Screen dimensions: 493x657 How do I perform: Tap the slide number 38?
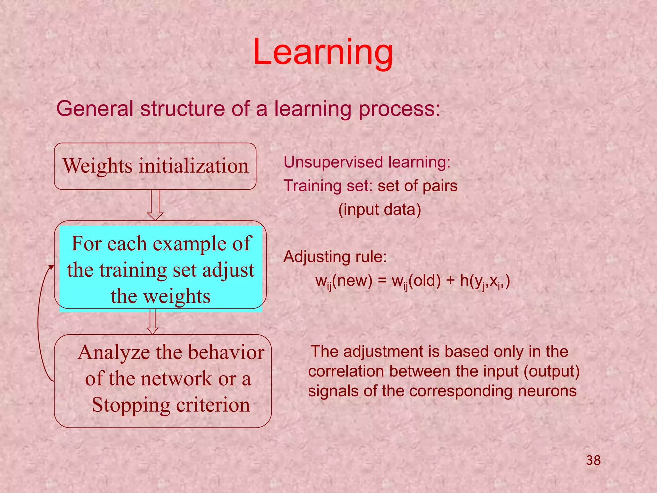(593, 460)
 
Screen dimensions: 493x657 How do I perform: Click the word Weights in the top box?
(98, 166)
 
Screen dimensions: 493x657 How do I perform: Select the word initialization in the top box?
(193, 166)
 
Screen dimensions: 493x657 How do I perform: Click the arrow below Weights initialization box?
(155, 205)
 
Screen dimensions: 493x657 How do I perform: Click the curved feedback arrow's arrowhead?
(51, 268)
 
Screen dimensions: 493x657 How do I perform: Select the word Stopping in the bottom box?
(131, 405)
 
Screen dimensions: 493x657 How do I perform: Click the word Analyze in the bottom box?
(114, 352)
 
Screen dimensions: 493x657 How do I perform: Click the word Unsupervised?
(334, 162)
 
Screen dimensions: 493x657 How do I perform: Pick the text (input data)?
(380, 210)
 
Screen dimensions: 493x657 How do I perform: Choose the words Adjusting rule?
(335, 257)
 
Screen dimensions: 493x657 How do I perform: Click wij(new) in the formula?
(344, 281)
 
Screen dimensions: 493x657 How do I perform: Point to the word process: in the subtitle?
(399, 109)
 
